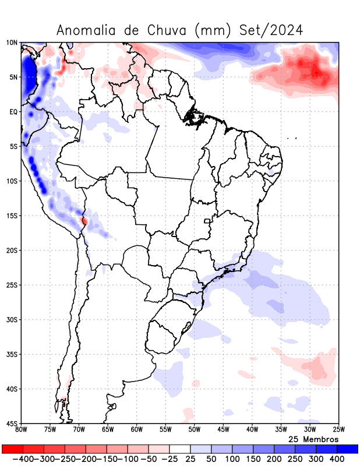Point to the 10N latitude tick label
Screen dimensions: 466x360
(12, 43)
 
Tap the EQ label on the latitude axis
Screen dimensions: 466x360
(13, 111)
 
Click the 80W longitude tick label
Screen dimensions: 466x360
(22, 430)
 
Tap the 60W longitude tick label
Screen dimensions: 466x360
(137, 430)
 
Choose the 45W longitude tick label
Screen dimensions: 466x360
(223, 430)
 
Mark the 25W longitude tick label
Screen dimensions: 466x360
(338, 430)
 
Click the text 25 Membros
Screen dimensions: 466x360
(313, 439)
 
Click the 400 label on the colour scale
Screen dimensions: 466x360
(337, 459)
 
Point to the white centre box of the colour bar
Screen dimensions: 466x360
(180, 449)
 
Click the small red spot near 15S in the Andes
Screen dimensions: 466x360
(85, 221)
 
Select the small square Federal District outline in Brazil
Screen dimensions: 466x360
(206, 221)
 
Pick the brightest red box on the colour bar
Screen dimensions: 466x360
(12, 449)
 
